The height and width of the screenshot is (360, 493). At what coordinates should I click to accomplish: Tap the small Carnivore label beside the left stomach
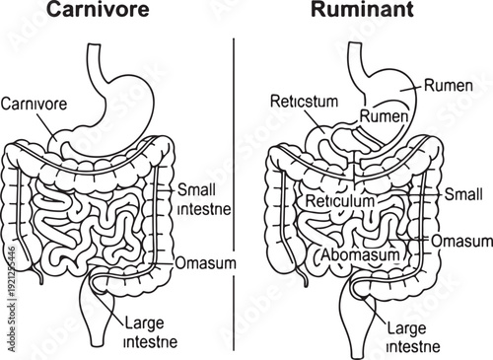pos(35,102)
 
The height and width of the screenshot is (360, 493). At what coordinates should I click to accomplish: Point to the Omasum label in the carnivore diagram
pos(204,263)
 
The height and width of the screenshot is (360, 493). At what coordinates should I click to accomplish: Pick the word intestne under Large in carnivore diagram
pos(151,342)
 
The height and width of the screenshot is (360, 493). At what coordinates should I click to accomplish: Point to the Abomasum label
pos(361,254)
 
